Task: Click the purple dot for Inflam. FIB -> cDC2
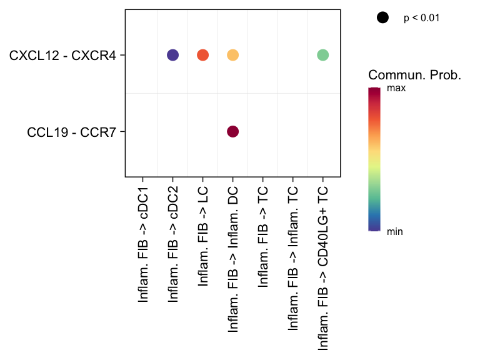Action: point(172,55)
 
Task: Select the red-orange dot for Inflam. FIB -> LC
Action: point(202,55)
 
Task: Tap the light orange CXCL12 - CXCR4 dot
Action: point(232,55)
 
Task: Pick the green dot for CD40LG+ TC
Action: point(322,55)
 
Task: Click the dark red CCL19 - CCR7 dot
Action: point(232,131)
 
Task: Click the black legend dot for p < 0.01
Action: point(382,18)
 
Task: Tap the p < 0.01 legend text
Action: point(422,18)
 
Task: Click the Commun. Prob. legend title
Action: point(415,76)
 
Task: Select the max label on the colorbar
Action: point(396,89)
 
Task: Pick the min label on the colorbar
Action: point(395,232)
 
